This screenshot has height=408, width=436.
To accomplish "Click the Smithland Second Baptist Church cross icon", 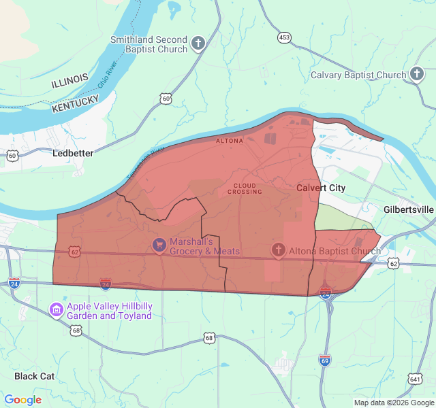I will pos(198,44).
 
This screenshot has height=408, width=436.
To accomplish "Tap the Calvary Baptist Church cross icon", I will pos(417,74).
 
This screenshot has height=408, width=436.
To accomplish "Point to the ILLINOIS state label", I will pos(69,80).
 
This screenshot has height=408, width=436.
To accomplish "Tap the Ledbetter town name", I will pos(73,154).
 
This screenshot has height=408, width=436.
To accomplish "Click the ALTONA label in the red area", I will pos(229,141).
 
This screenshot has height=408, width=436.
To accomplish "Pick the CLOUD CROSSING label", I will pos(245,188).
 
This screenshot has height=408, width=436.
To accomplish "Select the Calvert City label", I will pos(321,188).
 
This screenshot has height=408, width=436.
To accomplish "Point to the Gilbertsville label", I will pos(409,209).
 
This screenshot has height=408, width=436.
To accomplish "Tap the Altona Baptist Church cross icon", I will pos(278,251).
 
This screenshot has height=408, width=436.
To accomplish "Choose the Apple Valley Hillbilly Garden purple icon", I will pos(57,311).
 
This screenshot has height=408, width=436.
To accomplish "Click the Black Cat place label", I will pos(34,376).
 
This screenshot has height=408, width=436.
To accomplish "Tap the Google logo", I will pos(23,400).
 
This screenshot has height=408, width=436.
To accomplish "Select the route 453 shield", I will pos(284,37).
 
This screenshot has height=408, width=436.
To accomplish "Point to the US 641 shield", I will pos(416,379).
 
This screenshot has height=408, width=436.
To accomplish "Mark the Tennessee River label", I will pos(144,163).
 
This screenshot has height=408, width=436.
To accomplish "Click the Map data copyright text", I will pos(393,403).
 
